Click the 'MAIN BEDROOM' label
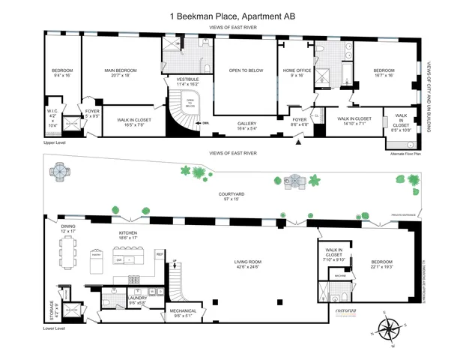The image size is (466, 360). [119, 73]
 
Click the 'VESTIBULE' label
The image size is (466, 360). [187, 80]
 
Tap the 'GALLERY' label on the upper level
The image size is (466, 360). [248, 125]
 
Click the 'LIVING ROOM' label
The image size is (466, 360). [246, 263]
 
